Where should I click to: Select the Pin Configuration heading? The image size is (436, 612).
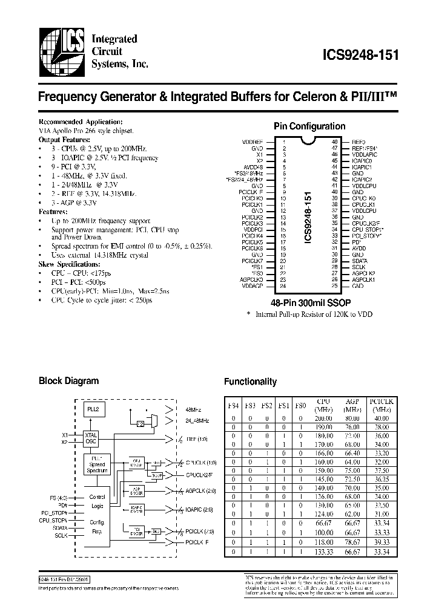coord(309,126)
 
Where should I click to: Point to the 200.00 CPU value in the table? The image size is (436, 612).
coord(324,418)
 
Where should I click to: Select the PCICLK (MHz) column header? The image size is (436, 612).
coord(382,405)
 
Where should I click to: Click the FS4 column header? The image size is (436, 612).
coord(233,405)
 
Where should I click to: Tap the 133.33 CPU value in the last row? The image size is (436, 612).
coord(324,552)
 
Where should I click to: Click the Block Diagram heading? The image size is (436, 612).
coord(68,381)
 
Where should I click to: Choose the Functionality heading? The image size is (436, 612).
coord(250,382)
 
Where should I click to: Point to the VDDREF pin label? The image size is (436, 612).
coord(253,141)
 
